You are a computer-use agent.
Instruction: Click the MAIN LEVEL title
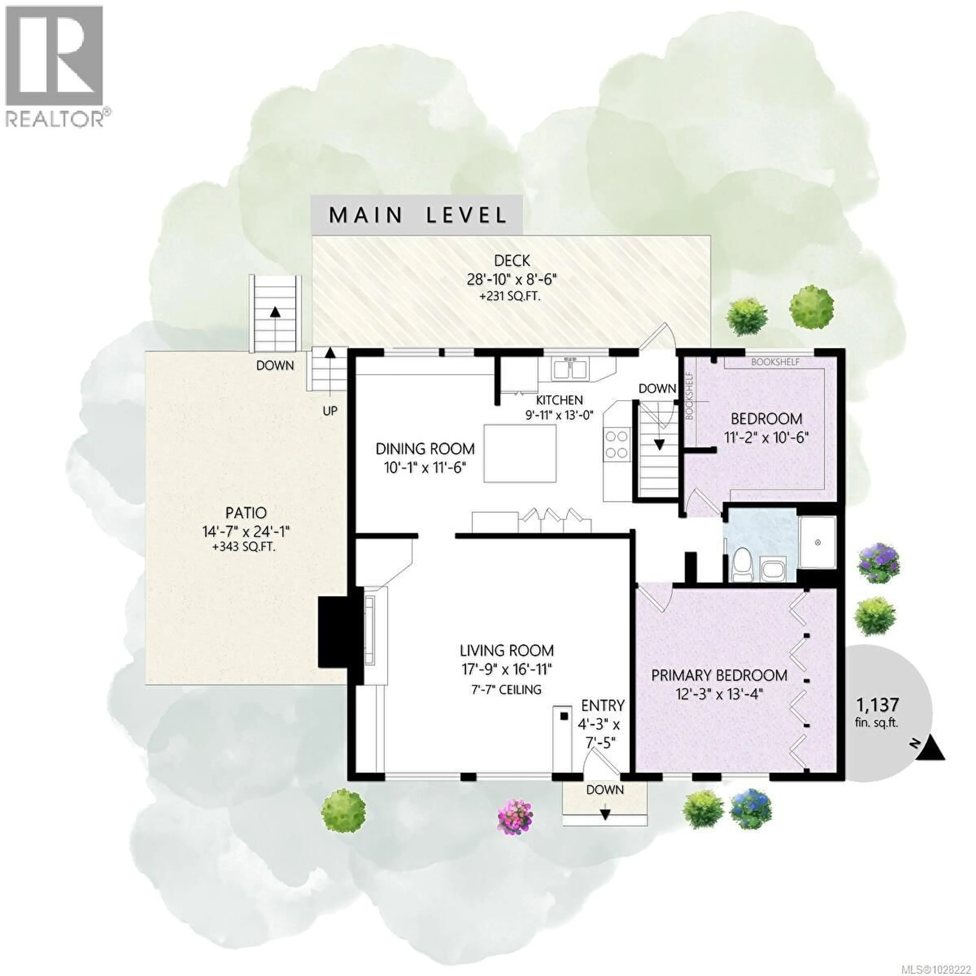click(417, 215)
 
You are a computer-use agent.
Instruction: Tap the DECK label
click(512, 261)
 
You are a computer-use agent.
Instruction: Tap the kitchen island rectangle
click(520, 454)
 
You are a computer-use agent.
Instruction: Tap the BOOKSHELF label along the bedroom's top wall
click(775, 362)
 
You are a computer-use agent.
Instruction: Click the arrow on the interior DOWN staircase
click(659, 445)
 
